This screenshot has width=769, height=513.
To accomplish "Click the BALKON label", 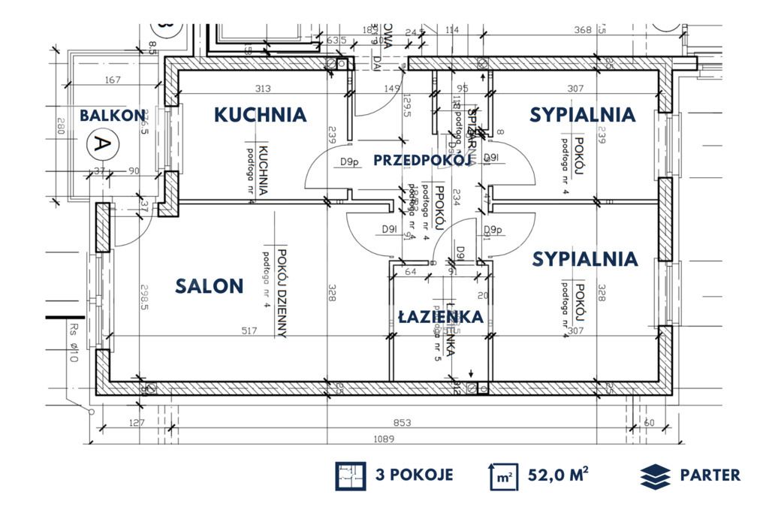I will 113,116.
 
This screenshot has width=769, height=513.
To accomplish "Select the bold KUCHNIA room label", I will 260,115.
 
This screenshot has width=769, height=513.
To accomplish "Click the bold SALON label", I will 210,285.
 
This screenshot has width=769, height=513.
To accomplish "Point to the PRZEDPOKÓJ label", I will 421,159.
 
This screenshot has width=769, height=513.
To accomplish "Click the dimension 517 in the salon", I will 249,330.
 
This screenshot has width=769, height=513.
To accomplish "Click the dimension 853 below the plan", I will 403,424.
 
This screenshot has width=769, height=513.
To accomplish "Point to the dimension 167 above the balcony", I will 113,80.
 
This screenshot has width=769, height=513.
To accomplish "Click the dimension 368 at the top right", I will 584,30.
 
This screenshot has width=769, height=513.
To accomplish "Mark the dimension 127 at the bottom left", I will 136,424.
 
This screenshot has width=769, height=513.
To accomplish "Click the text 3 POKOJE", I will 414,475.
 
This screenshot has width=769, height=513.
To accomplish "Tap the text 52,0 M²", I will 556,475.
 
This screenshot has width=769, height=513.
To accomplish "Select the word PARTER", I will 710,475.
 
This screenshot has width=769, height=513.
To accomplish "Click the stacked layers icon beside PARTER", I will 655,476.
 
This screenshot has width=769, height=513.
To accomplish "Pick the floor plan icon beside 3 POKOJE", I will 351,476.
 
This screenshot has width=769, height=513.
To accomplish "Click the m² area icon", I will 504,476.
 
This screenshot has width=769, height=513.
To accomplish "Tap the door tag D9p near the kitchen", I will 348,161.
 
